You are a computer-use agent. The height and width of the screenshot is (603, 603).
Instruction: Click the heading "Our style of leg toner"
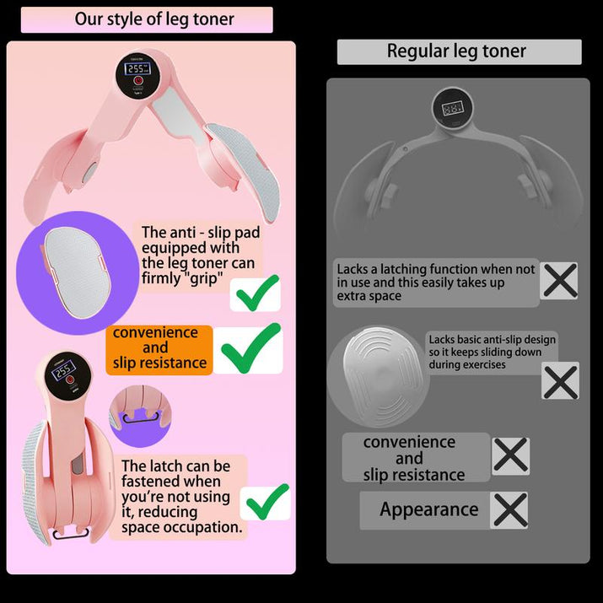pos(153,19)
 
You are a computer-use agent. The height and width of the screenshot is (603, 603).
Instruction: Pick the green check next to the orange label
pos(249,347)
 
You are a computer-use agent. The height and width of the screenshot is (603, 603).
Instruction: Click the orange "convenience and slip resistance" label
pos(159,348)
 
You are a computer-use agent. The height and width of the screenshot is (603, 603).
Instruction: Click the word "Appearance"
pos(428,509)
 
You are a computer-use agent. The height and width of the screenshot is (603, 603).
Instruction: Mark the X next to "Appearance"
pos(510,510)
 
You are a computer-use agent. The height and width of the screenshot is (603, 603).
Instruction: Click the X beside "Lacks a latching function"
pos(560,281)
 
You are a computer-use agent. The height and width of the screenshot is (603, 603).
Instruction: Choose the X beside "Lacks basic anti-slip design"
pos(560,382)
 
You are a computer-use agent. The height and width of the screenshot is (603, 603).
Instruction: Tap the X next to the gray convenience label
pos(510,455)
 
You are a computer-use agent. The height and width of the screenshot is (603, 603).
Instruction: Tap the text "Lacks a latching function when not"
pos(436,269)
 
